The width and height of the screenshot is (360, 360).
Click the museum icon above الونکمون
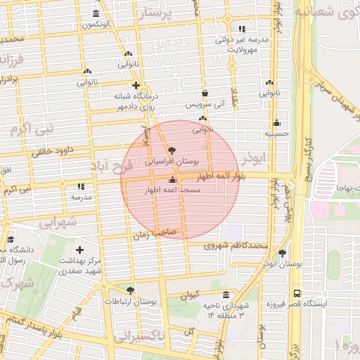coord(96,13)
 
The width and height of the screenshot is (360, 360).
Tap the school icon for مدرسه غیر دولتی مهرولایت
coord(243,30)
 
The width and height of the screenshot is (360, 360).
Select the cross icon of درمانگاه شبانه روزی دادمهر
coord(136,85)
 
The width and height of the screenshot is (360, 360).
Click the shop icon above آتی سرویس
coord(205,93)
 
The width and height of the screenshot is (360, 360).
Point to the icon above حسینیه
coord(277,122)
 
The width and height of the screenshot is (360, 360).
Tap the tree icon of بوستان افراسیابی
coord(172,150)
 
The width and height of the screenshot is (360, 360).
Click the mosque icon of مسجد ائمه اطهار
coord(172,180)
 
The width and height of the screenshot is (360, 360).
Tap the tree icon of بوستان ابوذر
coord(283,253)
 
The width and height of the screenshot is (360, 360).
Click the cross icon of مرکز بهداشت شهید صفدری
coord(79,250)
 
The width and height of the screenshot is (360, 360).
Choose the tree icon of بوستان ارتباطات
coord(130,290)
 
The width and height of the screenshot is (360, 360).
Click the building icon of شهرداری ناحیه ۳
coord(226,295)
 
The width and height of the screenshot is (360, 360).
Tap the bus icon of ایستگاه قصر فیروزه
coord(297,292)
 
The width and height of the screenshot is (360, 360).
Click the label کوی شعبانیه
coord(326,13)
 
